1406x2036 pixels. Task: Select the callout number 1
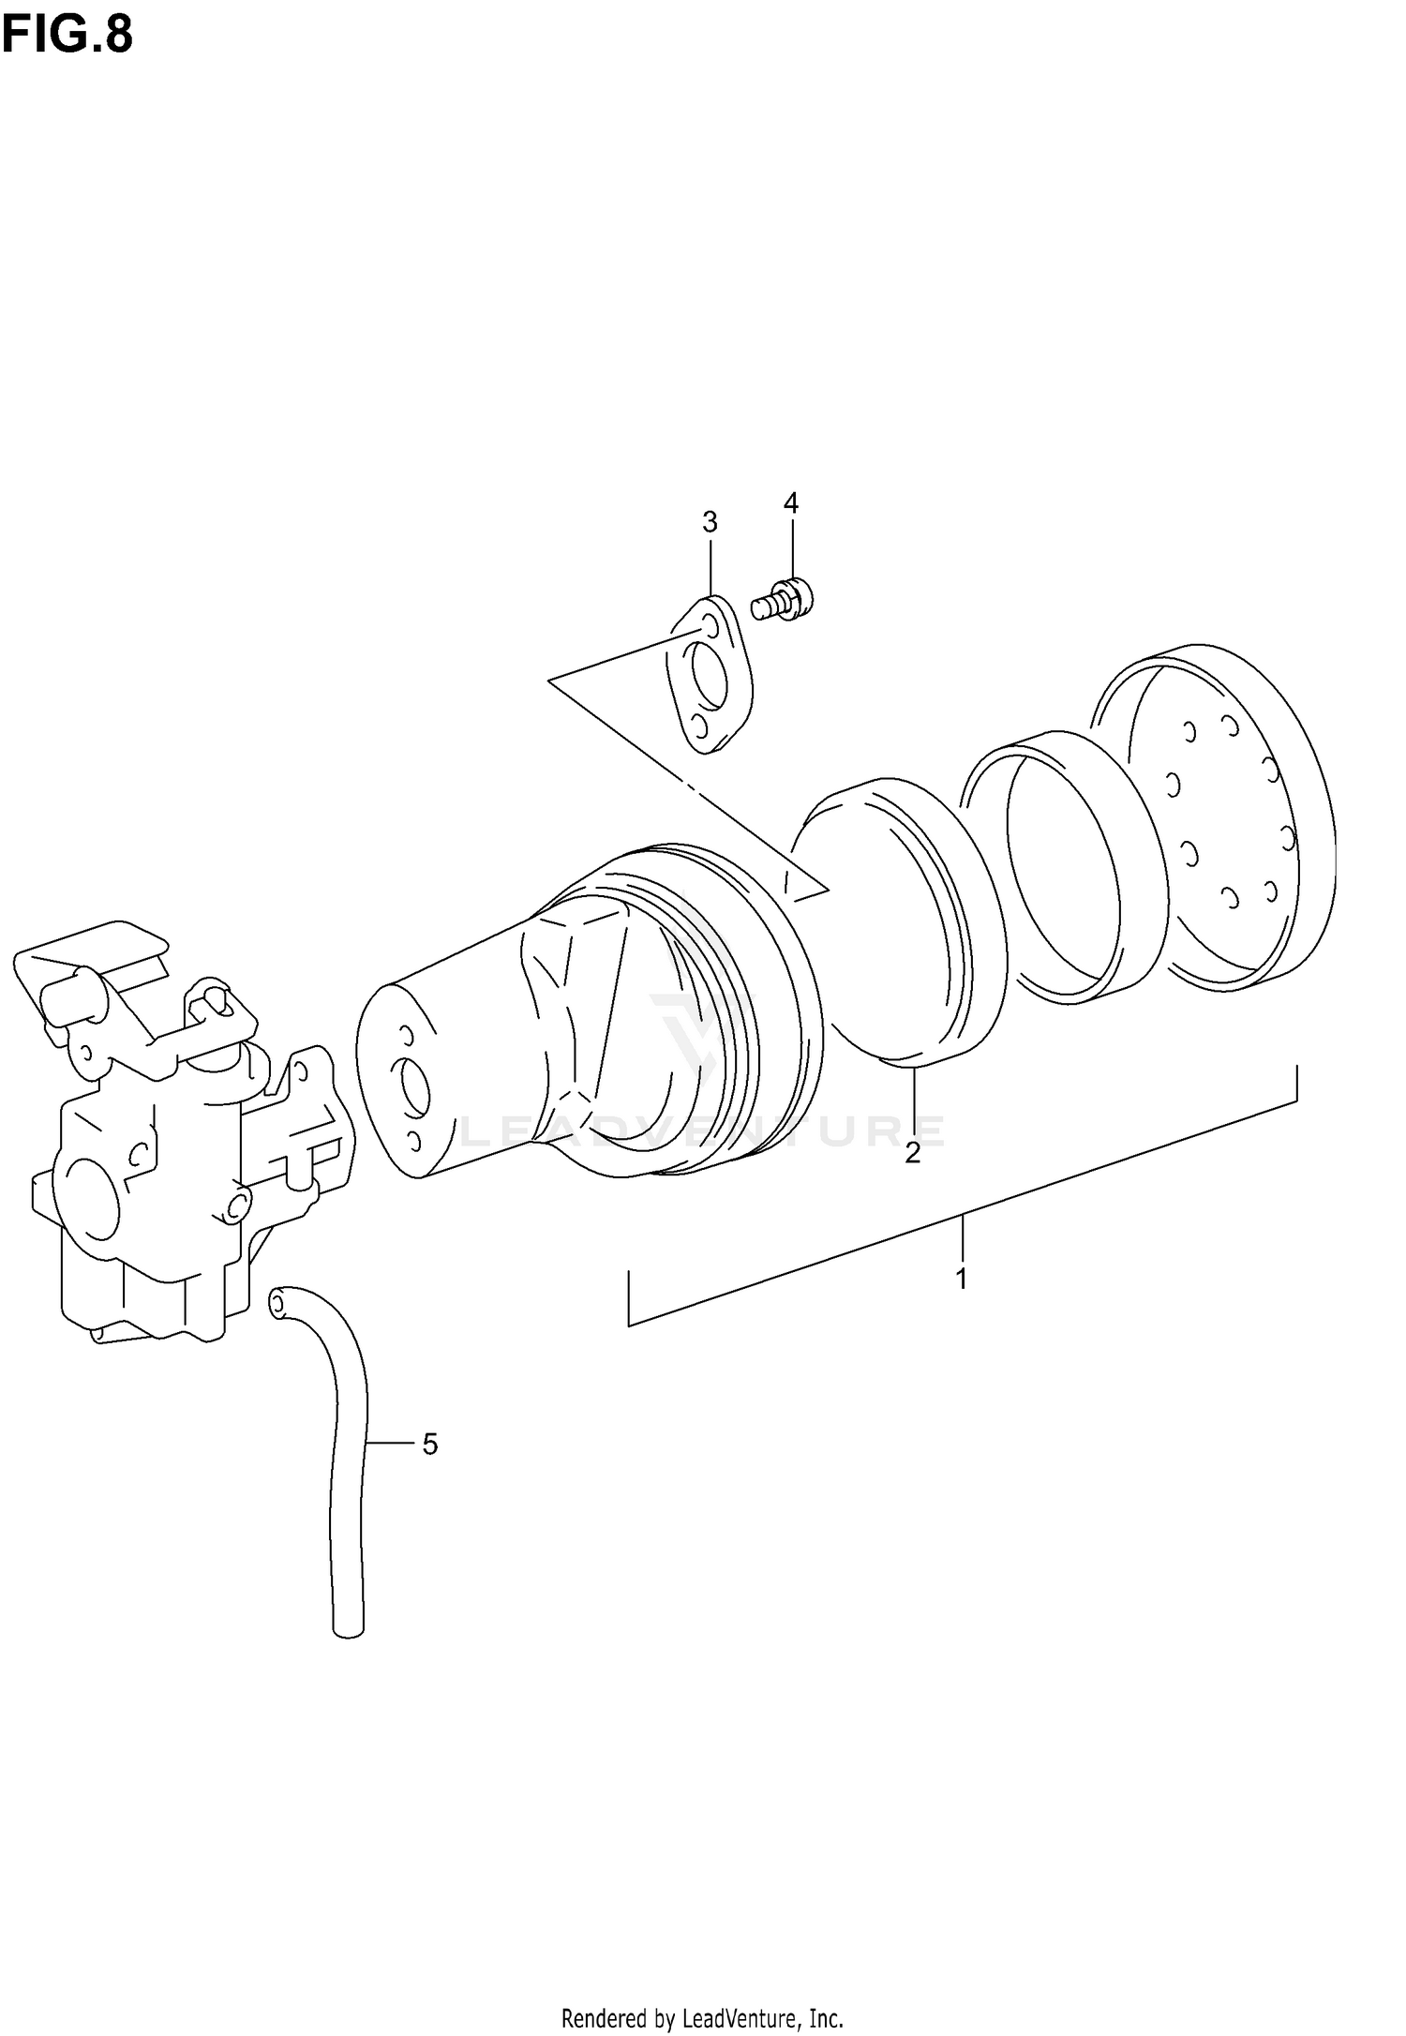tap(961, 1278)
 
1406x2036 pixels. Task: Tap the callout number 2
tap(912, 1153)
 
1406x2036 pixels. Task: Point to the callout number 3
tap(710, 522)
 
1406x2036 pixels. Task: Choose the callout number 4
tap(791, 503)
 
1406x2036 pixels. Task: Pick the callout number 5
tap(429, 1445)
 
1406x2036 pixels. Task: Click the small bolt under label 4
tap(784, 598)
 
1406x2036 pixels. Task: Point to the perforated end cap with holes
tap(1228, 816)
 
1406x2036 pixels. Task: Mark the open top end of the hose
tap(278, 1304)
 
